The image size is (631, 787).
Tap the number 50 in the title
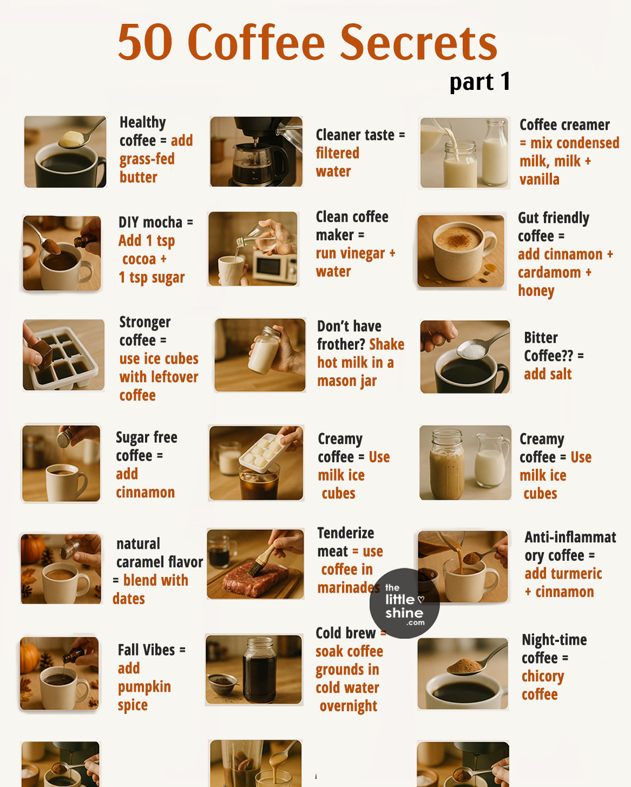click(x=146, y=43)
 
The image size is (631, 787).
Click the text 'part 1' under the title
click(x=479, y=82)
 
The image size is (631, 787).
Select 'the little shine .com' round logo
click(x=404, y=604)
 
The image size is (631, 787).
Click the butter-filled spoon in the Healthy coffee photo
click(x=74, y=139)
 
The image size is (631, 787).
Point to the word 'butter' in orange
click(x=139, y=178)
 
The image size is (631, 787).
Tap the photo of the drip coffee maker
click(x=256, y=152)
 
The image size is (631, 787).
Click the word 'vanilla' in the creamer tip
click(x=539, y=180)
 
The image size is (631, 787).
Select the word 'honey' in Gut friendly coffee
click(x=536, y=291)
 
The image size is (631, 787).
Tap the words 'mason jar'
click(x=347, y=381)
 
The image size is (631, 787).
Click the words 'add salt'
click(x=548, y=374)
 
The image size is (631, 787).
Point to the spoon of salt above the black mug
click(x=474, y=351)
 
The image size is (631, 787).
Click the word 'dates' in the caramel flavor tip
click(x=129, y=599)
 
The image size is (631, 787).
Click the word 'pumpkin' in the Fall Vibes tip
click(x=144, y=687)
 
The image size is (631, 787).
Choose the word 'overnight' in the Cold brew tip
click(x=348, y=706)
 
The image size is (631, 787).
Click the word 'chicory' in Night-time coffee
click(x=543, y=677)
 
